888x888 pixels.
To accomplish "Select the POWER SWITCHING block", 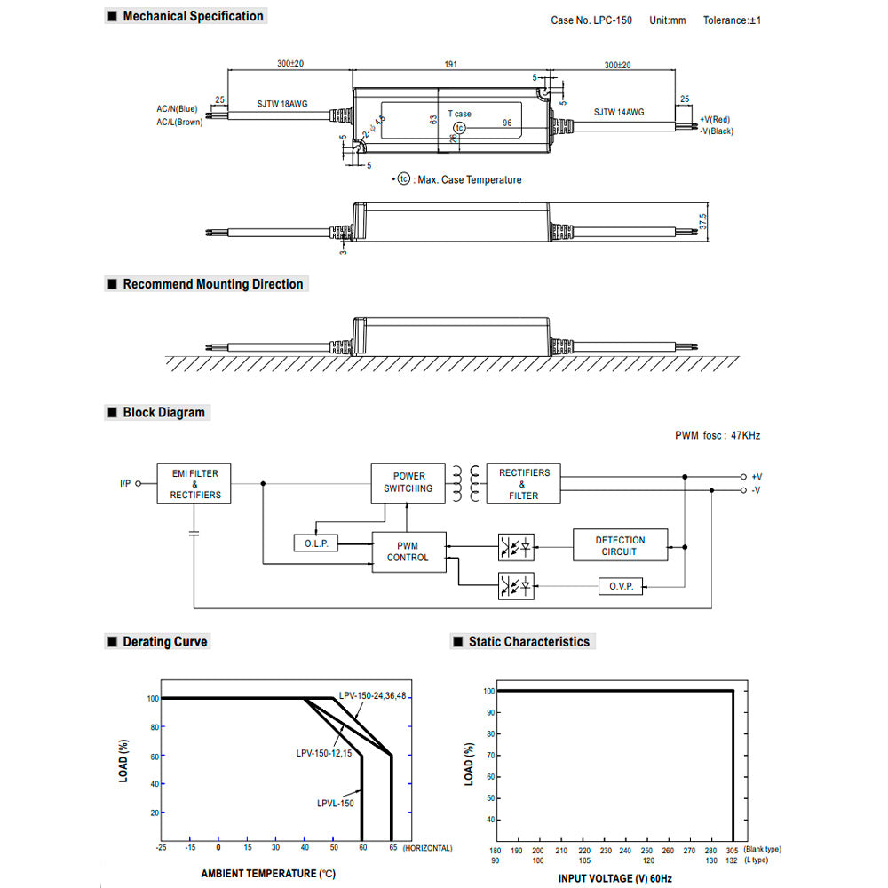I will click(x=408, y=482).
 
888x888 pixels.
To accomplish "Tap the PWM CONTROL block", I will click(x=408, y=551).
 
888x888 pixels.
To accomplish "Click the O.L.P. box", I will click(x=315, y=543).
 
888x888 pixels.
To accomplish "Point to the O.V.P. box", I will click(x=621, y=587).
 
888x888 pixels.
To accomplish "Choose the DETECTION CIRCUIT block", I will click(x=620, y=545).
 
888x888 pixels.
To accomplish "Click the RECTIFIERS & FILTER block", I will click(x=523, y=484).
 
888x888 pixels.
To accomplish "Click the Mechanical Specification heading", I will click(x=193, y=16).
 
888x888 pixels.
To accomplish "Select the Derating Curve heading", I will click(x=164, y=642).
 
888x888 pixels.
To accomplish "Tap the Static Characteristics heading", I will click(x=528, y=642).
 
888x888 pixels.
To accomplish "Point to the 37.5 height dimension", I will click(x=703, y=219).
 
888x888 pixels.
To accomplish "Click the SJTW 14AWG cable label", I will click(x=619, y=113).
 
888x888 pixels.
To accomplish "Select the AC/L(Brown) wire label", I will click(x=179, y=122).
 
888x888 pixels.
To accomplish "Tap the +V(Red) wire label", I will click(x=714, y=119).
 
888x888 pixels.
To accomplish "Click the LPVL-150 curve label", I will click(x=335, y=804).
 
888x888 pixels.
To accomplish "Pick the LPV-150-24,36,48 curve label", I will click(x=373, y=696).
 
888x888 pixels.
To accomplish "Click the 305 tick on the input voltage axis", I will click(x=732, y=849).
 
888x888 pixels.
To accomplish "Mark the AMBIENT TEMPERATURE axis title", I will click(x=266, y=874).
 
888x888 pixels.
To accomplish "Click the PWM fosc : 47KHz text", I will click(x=718, y=436).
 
